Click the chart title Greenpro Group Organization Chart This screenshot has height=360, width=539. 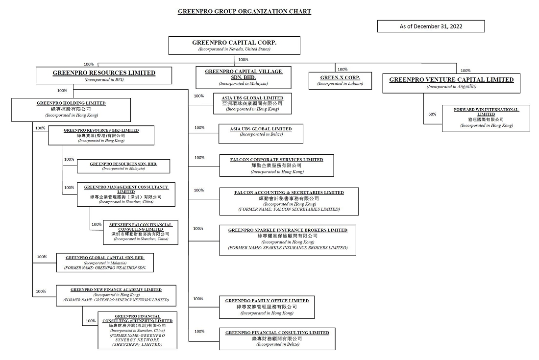(244, 11)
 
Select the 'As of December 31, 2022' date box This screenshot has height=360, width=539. (431, 26)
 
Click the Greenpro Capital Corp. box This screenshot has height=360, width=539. (234, 46)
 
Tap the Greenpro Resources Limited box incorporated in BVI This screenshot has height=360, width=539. (104, 75)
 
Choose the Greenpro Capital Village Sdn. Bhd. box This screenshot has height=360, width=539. (244, 77)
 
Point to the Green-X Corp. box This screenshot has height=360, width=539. (340, 80)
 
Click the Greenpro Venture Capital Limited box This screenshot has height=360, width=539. (451, 82)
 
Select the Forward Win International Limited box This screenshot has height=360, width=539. (486, 118)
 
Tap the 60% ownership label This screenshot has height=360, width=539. (432, 114)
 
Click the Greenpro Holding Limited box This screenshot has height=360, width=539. (71, 109)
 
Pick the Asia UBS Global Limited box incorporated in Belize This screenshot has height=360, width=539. (261, 134)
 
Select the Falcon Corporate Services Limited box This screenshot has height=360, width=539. (276, 166)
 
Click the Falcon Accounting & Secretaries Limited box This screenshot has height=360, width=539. (289, 201)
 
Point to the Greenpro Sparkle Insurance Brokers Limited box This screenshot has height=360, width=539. (288, 240)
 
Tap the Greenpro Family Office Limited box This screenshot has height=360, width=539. (267, 307)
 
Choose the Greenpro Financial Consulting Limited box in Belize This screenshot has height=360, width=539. (277, 338)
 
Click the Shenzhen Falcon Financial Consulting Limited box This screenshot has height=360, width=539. (141, 232)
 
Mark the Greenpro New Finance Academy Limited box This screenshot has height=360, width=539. (116, 294)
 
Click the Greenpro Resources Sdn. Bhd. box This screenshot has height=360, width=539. (123, 166)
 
